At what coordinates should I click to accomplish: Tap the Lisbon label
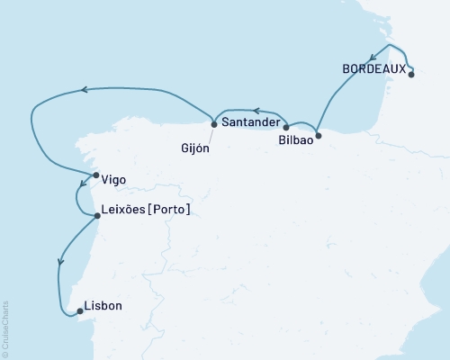(x=102, y=306)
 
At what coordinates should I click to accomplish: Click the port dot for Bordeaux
(x=410, y=75)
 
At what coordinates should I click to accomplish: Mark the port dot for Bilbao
(x=319, y=137)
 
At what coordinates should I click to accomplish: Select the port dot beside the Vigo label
(x=95, y=175)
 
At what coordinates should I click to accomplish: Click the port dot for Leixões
(x=97, y=215)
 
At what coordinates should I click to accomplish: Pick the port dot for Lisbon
(x=79, y=311)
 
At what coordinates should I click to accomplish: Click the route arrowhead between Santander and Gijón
(x=255, y=112)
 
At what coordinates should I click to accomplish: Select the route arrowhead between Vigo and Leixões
(x=79, y=192)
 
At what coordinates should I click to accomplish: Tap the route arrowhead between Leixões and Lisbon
(x=60, y=262)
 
